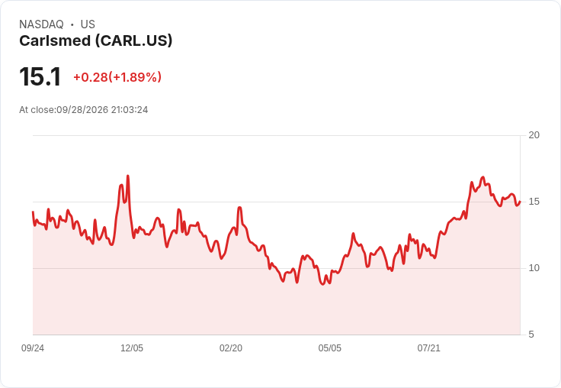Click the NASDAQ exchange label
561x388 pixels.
(41, 24)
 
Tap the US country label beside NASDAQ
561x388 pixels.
(88, 24)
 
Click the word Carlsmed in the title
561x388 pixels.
(55, 40)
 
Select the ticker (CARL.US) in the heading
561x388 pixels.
(134, 41)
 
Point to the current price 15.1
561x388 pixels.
(40, 76)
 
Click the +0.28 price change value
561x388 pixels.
(91, 77)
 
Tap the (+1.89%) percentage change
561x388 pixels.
(135, 77)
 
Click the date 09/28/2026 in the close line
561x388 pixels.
(82, 110)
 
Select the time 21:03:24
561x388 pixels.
(130, 110)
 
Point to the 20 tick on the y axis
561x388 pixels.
(534, 135)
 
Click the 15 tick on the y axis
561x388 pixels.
(534, 202)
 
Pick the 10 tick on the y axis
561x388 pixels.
(534, 268)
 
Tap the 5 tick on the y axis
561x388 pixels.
(531, 335)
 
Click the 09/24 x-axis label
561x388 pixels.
(33, 348)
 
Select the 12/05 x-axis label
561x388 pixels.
(132, 348)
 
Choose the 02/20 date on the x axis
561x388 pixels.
(231, 348)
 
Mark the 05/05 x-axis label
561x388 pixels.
(330, 348)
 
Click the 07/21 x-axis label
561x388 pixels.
(428, 348)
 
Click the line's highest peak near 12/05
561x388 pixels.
(128, 176)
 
